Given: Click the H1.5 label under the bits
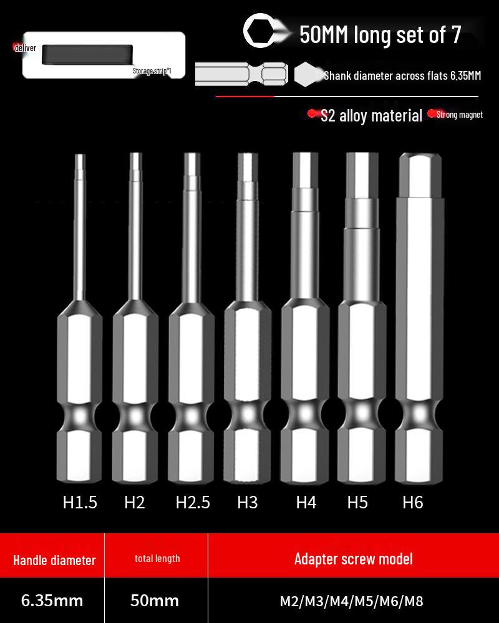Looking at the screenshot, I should tap(80, 502).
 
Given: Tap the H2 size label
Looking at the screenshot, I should tap(134, 502).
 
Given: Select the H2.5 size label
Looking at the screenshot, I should tap(192, 502).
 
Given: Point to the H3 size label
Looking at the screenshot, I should tap(247, 502).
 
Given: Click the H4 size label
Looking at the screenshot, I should tap(306, 502).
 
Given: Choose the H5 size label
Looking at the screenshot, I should tap(357, 502).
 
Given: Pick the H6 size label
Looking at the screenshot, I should tap(413, 502).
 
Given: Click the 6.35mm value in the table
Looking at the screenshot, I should tap(52, 601).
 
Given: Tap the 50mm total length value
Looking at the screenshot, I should tap(155, 601).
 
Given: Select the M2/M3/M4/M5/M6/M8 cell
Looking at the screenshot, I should tap(352, 601).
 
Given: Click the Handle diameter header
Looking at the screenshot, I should tap(54, 559).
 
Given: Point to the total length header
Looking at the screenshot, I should tap(157, 558).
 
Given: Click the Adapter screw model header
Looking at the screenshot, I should tap(353, 558).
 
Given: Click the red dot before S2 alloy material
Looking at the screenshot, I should tap(313, 114).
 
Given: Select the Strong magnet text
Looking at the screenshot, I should tap(459, 115).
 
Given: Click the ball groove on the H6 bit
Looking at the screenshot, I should tap(419, 414).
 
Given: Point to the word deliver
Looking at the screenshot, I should tap(25, 48).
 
